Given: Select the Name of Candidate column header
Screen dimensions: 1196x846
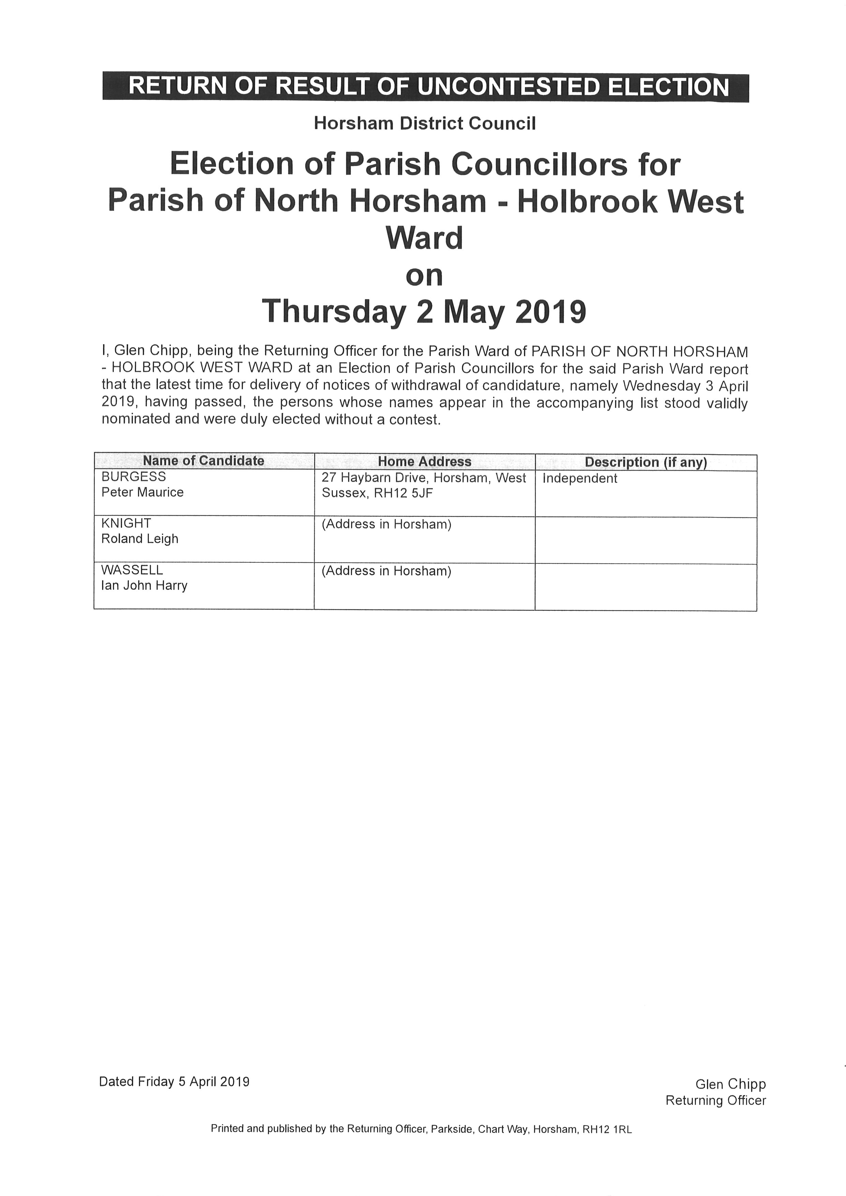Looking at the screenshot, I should coord(203,461).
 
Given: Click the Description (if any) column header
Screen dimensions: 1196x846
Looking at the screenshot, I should coord(645,462).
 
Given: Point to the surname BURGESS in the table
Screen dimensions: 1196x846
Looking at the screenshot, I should coord(133,477).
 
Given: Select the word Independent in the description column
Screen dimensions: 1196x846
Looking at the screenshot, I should coord(580,479).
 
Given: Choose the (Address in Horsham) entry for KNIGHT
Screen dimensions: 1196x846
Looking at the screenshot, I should coord(386,524).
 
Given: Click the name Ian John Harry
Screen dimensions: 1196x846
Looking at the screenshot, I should coord(144,586).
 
